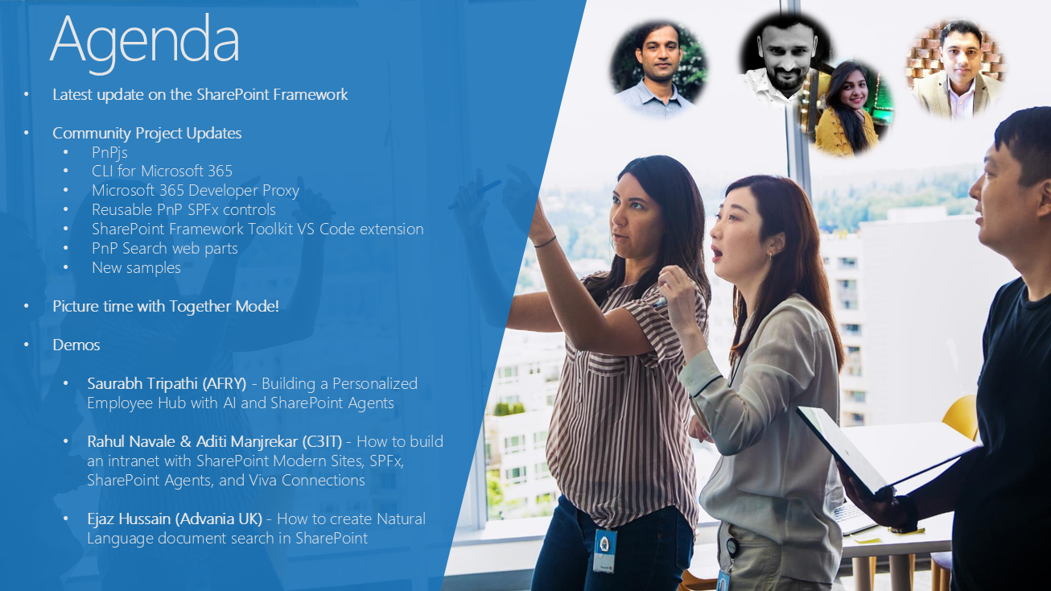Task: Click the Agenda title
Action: point(145,42)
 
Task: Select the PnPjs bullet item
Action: point(109,152)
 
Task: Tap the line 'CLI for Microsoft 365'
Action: point(162,171)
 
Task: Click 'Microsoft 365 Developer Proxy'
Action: point(196,191)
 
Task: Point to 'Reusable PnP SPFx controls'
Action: point(183,209)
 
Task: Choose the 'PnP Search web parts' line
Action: point(165,248)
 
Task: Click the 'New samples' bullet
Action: point(136,267)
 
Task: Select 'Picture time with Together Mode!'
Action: point(166,306)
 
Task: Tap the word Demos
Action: point(76,345)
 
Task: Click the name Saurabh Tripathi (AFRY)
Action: point(167,384)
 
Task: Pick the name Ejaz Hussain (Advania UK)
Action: point(175,519)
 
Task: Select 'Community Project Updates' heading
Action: point(146,134)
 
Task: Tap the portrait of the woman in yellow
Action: point(847,108)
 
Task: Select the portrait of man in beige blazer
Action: point(956,68)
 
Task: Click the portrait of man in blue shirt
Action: point(659,68)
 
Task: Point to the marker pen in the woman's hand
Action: point(660,301)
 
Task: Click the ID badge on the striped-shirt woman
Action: point(604,551)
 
